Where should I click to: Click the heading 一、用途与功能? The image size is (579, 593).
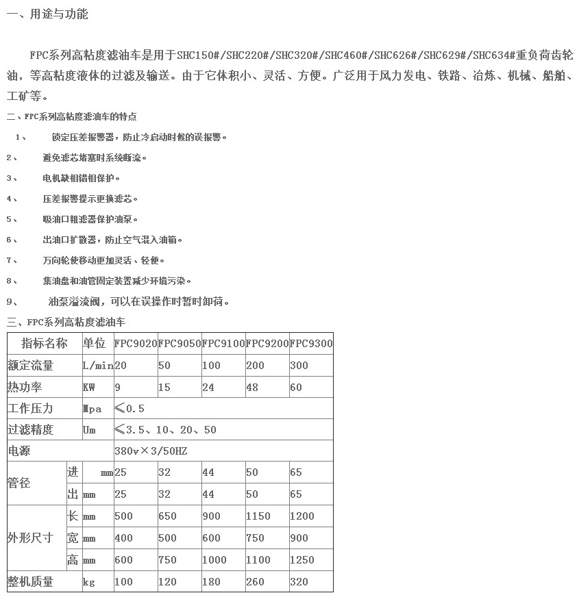click(x=47, y=14)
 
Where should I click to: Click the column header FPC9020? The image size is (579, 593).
click(x=135, y=344)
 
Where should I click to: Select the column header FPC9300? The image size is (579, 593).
click(x=310, y=344)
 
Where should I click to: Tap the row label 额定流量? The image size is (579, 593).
click(x=30, y=366)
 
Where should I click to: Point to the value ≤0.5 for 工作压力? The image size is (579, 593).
click(x=130, y=409)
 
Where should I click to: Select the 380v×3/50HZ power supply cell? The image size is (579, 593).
click(x=151, y=451)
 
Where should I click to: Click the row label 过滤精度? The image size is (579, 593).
click(x=30, y=430)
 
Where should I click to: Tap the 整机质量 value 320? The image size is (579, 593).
click(x=299, y=582)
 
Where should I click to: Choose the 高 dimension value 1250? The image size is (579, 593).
click(x=302, y=560)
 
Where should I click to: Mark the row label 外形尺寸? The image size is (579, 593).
click(x=30, y=538)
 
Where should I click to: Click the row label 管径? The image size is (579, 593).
click(x=19, y=483)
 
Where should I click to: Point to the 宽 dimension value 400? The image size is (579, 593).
click(x=124, y=538)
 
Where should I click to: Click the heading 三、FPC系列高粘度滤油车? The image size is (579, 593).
click(x=66, y=322)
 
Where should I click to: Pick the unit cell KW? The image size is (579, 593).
click(x=89, y=388)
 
